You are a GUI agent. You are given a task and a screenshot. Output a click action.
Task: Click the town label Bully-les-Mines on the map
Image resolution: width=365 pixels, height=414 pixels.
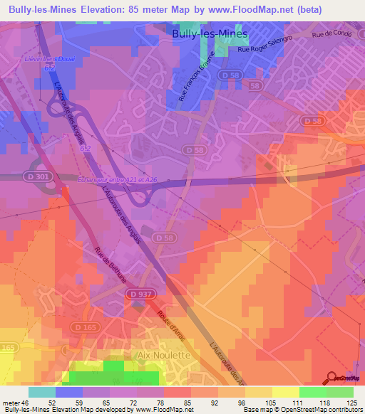[x=210, y=33]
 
